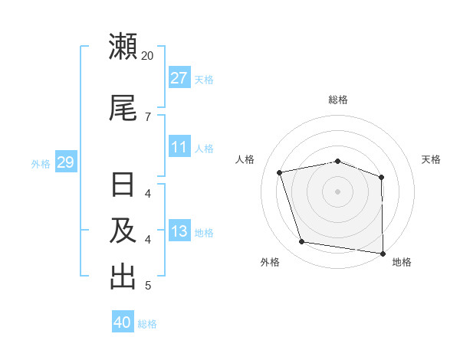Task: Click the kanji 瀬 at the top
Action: (123, 47)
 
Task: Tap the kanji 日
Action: (123, 186)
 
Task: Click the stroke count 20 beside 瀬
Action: (147, 56)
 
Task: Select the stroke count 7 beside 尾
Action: (147, 116)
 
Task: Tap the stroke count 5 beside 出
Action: (147, 286)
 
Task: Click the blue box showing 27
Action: (179, 78)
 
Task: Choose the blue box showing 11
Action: (179, 147)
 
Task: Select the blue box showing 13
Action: (179, 231)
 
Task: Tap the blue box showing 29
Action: (65, 162)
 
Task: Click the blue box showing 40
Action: (123, 322)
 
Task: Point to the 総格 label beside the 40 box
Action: (147, 324)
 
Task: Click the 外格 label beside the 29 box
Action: (41, 163)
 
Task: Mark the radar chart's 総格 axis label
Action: (338, 100)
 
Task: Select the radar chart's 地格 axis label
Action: (402, 262)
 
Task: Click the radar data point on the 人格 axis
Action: (280, 172)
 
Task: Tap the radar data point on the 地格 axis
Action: (383, 253)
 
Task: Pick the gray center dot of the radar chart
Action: (338, 191)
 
